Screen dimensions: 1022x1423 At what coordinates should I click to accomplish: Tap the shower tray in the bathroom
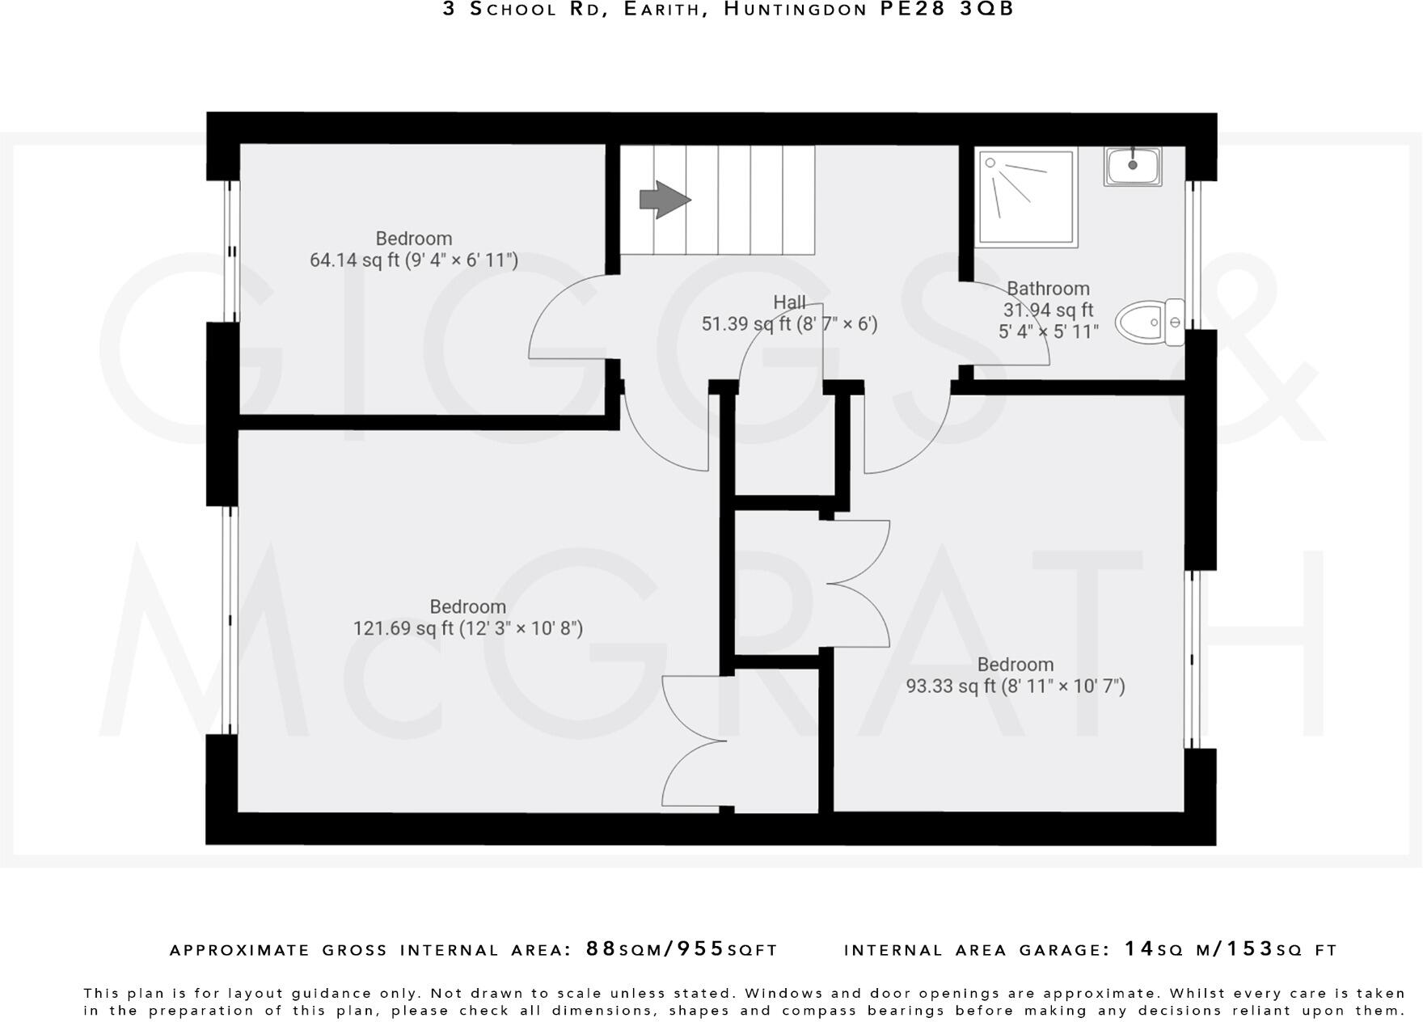point(1026,196)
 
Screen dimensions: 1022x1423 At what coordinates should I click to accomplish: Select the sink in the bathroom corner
point(1133,167)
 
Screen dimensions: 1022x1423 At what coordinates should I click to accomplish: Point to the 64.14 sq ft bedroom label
point(413,250)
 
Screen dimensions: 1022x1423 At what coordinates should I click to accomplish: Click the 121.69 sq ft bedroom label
point(467,618)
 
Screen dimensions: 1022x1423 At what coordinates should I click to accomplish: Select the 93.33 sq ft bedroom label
point(1015,676)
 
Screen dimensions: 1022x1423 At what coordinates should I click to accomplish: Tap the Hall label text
point(789,302)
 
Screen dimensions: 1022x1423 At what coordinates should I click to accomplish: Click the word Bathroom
point(1048,289)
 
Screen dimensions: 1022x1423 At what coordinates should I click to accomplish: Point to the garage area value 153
point(1250,948)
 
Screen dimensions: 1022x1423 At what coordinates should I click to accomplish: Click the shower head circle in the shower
point(990,163)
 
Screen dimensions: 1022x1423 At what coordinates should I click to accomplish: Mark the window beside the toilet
point(1193,255)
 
